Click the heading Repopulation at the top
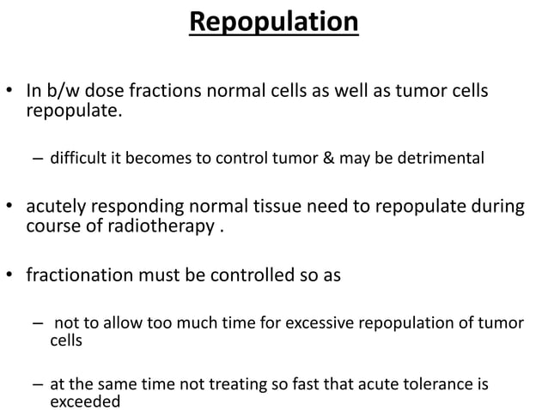(273, 21)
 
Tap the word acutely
(58, 208)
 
